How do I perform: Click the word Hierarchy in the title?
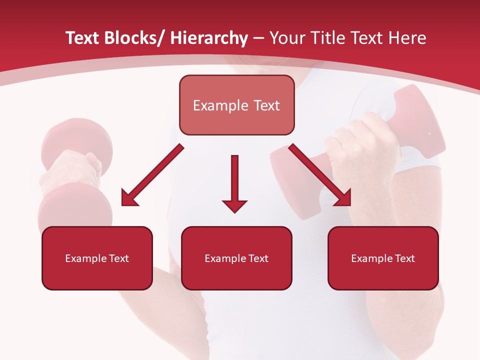209,38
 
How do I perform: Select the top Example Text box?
236,105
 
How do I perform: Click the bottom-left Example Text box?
97,258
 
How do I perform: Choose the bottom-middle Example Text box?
236,258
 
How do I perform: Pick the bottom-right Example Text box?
383,258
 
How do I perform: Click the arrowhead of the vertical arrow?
234,205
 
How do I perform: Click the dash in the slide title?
258,39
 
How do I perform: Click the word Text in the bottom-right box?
404,258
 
